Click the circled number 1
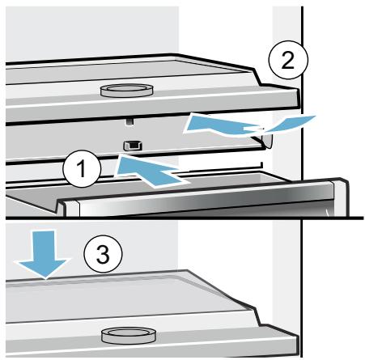tap(82, 169)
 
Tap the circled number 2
tap(288, 60)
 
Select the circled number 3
tap(103, 254)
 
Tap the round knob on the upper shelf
tap(127, 91)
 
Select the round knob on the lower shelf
tap(129, 336)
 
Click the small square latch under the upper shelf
tap(133, 146)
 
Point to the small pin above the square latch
tap(130, 121)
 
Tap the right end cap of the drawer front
tap(341, 197)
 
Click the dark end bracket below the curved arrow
tap(266, 140)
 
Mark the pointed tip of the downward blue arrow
tap(45, 279)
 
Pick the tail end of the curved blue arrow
tap(315, 116)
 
